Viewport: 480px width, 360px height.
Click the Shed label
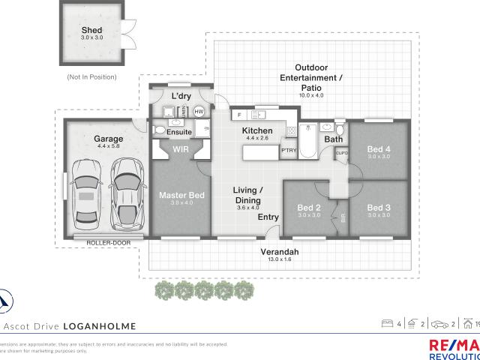[x=91, y=31]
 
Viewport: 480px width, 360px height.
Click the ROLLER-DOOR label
[x=106, y=243]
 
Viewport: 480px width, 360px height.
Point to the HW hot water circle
[x=199, y=112]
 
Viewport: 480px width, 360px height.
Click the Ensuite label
[x=180, y=132]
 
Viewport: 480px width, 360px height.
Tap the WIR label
[x=181, y=149]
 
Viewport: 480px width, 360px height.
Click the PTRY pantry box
[x=289, y=150]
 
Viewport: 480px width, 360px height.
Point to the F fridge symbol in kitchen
[x=239, y=115]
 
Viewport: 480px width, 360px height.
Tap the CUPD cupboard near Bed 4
[x=341, y=153]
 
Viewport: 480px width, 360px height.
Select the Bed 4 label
[x=378, y=148]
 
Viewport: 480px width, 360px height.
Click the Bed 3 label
[x=378, y=207]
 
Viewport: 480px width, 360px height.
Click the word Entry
[x=268, y=217]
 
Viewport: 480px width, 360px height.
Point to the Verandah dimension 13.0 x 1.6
[x=279, y=259]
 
